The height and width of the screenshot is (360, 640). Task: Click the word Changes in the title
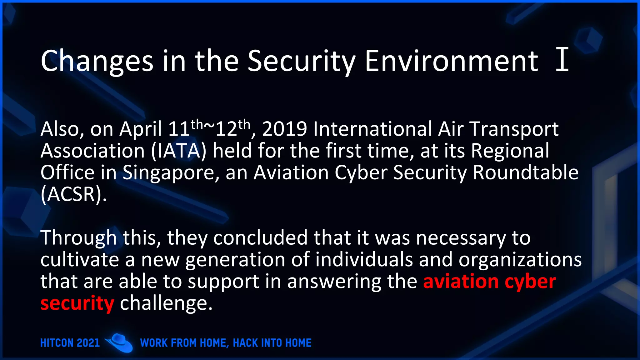(97, 62)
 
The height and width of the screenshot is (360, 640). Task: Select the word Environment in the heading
(452, 61)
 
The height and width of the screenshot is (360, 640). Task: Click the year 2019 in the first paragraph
(284, 129)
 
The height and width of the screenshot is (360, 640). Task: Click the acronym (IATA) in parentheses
(179, 151)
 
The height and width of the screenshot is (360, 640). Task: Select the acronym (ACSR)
(73, 194)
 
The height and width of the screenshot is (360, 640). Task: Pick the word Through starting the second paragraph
(78, 238)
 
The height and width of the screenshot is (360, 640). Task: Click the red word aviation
(461, 281)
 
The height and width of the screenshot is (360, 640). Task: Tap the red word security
(77, 303)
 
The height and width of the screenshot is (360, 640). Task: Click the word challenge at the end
(166, 303)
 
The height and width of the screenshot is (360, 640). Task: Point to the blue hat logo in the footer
(119, 342)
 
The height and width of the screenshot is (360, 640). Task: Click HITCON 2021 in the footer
(70, 343)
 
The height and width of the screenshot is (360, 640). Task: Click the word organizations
(520, 260)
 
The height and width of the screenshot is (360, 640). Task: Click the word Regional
(510, 151)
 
